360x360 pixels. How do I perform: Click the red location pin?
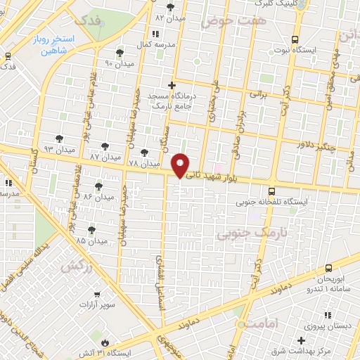click(181, 165)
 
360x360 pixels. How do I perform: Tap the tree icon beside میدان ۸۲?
click(170, 6)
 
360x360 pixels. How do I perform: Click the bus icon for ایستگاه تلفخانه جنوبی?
click(271, 189)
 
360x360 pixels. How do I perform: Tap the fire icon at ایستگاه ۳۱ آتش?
click(105, 342)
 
